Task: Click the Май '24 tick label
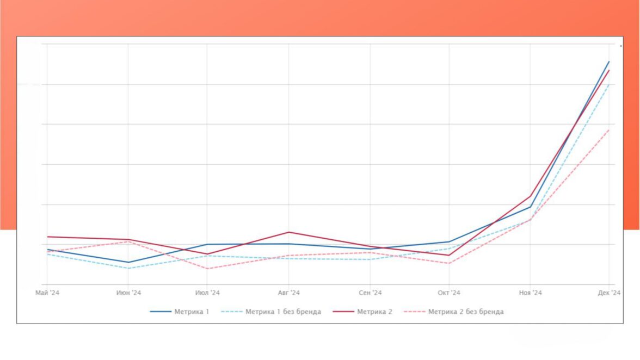[47, 293]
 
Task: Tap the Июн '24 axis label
[128, 293]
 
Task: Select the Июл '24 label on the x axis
[207, 293]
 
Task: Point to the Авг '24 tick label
[288, 293]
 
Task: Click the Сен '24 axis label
[370, 293]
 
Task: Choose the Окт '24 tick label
[449, 293]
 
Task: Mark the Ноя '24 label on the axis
[530, 293]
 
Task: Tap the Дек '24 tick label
[609, 293]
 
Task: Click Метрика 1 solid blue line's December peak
[609, 61]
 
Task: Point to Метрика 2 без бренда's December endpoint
[609, 130]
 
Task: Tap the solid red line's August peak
[288, 232]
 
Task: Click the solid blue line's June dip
[128, 262]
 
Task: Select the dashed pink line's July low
[207, 269]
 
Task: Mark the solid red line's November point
[530, 196]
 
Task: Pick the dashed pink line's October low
[449, 264]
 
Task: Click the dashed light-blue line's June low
[128, 268]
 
